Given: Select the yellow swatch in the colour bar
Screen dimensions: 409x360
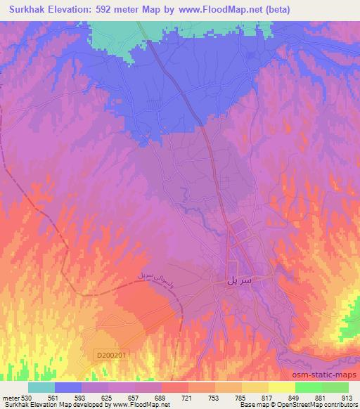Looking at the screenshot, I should [281, 387].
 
